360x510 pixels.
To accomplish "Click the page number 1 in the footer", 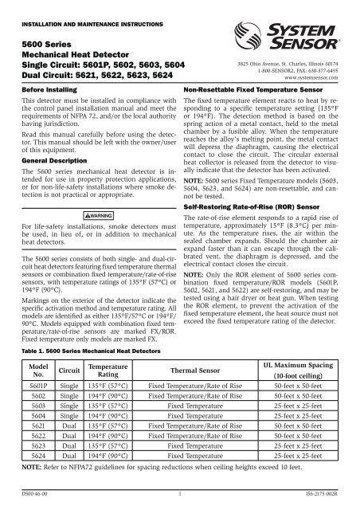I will (x=180, y=495).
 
